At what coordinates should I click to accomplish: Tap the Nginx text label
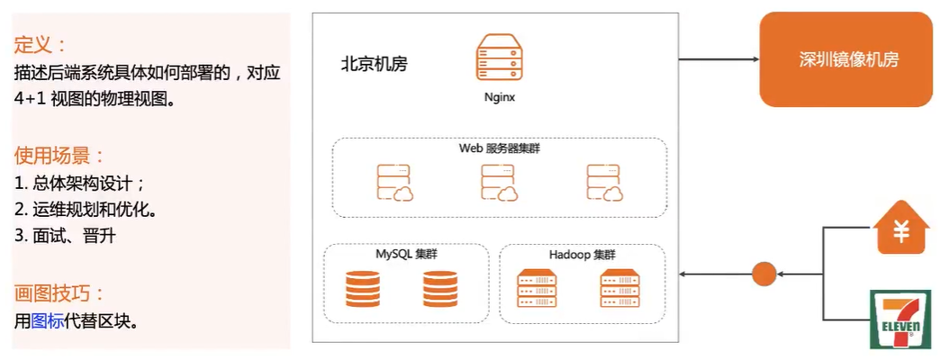coord(499,97)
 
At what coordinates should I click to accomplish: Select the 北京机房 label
coord(374,65)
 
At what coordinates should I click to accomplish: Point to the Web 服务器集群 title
coord(498,148)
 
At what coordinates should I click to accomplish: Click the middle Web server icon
coord(499,183)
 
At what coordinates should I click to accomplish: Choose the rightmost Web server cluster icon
coord(604,183)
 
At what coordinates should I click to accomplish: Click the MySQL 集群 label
coord(406,255)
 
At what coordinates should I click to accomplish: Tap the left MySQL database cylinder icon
coord(363,289)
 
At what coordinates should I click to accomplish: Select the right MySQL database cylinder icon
coord(440,289)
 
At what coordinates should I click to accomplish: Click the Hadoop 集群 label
coord(582,255)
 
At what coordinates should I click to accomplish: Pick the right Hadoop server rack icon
coord(620,289)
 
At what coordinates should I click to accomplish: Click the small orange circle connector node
coord(764,273)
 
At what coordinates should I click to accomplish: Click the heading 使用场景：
coord(59,156)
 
